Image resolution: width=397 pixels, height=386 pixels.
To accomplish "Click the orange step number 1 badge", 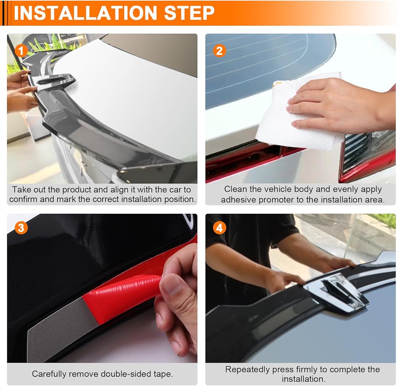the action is tap(21, 51).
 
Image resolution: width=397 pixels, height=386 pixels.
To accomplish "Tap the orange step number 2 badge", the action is tap(219, 51).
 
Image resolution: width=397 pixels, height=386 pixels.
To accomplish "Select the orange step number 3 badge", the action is tap(21, 228).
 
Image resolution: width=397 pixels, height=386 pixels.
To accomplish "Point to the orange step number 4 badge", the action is tap(219, 228).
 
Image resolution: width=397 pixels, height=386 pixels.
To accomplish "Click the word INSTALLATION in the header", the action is tap(85, 13).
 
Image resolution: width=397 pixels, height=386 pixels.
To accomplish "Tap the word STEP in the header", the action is tap(189, 13).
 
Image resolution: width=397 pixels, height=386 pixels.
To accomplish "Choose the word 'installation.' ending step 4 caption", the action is tap(304, 379).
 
